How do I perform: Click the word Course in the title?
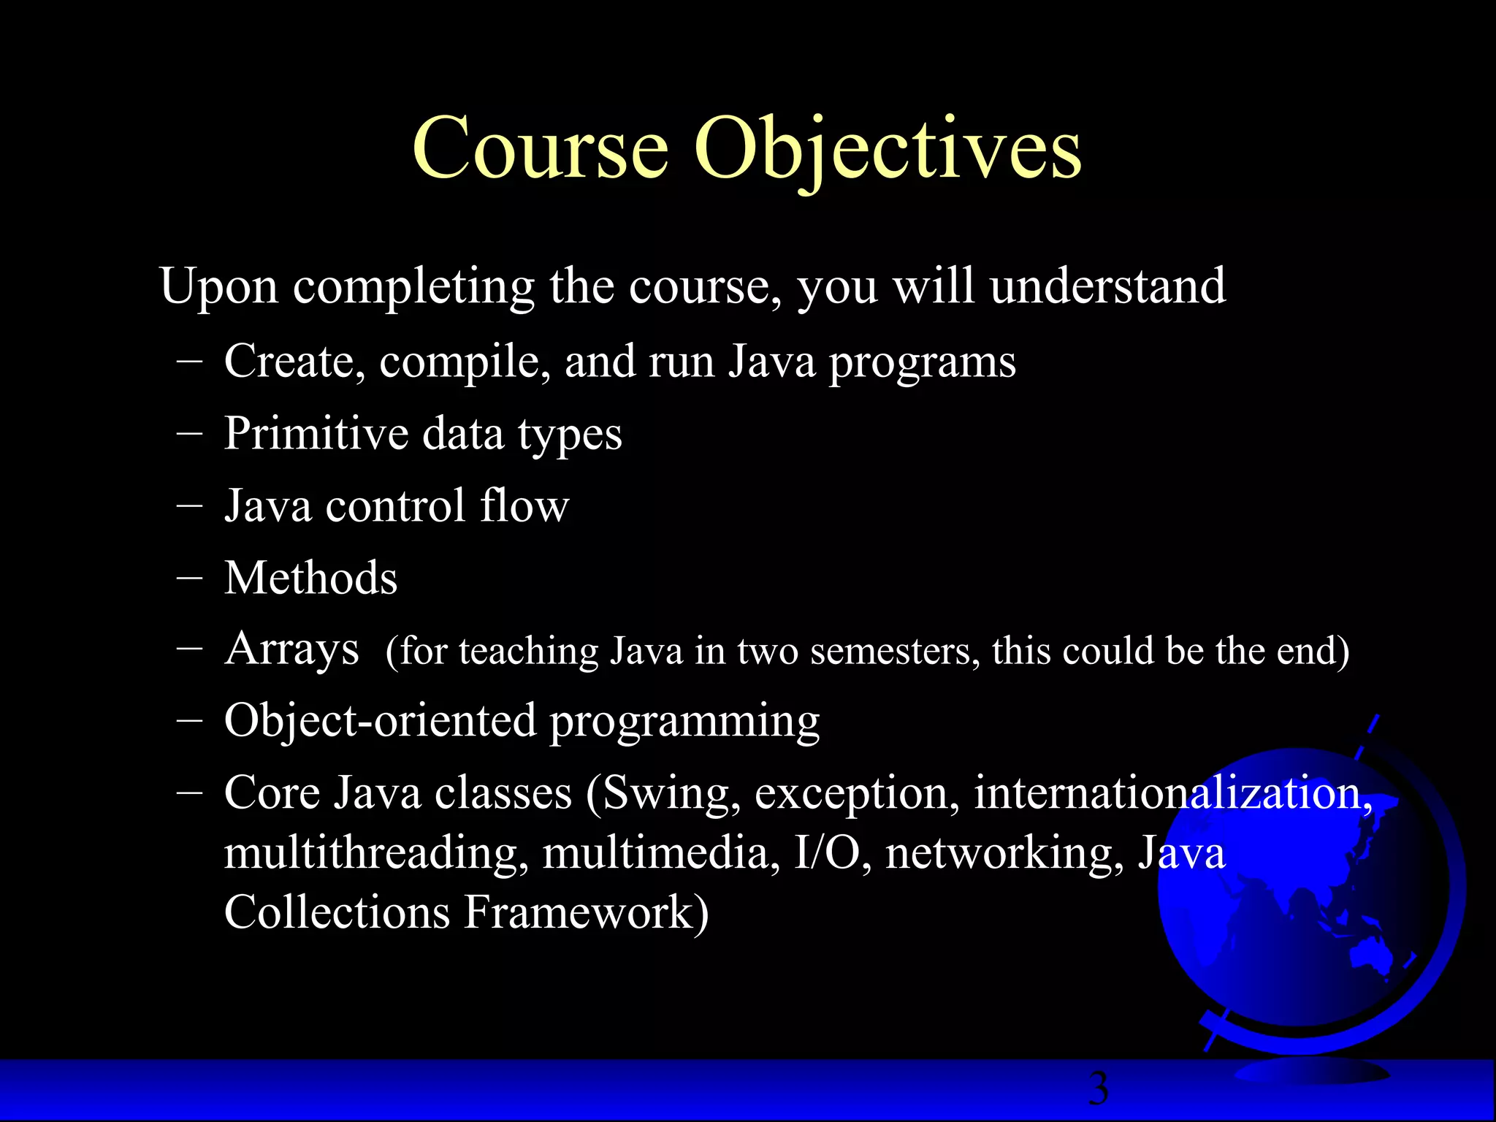(541, 150)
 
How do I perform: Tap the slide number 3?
(1098, 1088)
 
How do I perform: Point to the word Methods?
(310, 578)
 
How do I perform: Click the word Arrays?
(291, 649)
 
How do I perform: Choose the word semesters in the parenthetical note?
(895, 651)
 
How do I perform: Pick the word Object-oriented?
(380, 720)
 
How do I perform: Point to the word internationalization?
(1172, 793)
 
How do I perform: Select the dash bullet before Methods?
(189, 577)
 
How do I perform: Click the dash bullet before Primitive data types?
(189, 432)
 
